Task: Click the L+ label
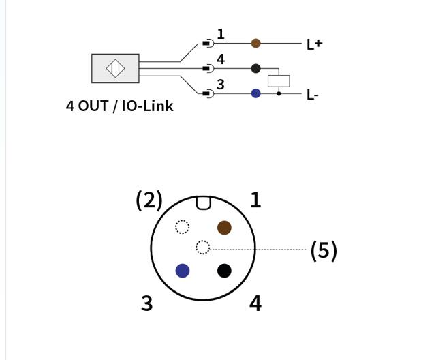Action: tap(314, 44)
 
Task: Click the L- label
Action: tap(313, 95)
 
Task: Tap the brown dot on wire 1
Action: tap(256, 44)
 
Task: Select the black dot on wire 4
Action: tap(256, 68)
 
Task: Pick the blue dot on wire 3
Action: tap(256, 93)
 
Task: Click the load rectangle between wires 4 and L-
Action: tap(279, 81)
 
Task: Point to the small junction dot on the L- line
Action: tap(279, 94)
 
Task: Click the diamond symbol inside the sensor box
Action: tap(115, 68)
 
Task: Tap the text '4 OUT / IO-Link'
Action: tap(120, 106)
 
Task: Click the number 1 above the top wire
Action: tap(221, 34)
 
